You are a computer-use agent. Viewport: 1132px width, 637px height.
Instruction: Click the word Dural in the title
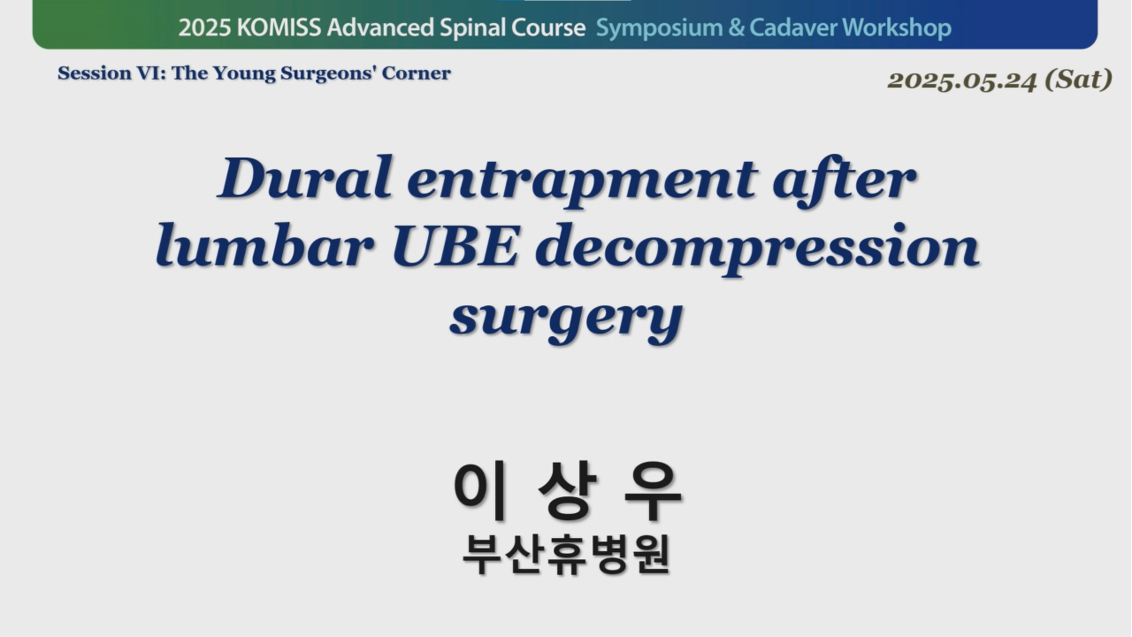click(305, 178)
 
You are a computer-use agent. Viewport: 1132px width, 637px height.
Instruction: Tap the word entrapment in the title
click(582, 183)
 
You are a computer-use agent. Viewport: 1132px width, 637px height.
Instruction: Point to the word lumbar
click(264, 247)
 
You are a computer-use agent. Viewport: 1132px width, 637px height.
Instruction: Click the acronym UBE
click(455, 247)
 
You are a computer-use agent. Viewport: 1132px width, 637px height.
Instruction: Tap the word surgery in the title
click(567, 319)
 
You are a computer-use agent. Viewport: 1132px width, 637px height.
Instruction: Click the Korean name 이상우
click(567, 490)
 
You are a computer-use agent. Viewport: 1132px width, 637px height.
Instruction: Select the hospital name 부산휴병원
click(567, 555)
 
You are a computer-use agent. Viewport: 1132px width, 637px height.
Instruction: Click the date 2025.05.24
click(961, 81)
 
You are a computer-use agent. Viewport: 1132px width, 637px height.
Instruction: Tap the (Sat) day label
click(1078, 80)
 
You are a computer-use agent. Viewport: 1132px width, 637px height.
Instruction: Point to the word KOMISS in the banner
click(279, 27)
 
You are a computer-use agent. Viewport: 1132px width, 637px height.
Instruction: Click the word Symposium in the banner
click(659, 28)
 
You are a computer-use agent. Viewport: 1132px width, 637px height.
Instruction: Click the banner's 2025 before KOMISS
click(205, 27)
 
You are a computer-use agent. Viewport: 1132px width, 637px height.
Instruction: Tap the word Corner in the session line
click(416, 73)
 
